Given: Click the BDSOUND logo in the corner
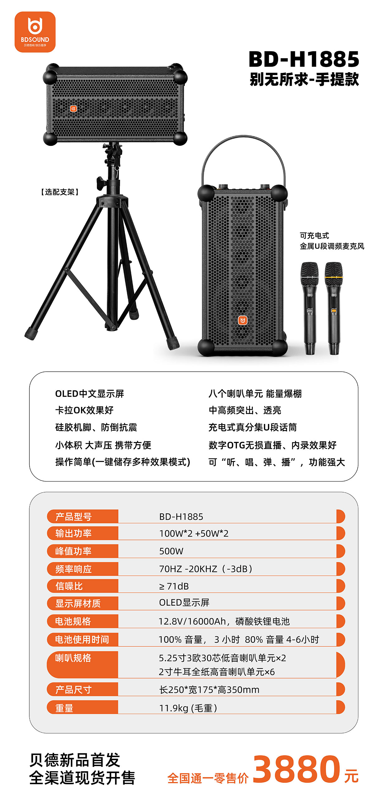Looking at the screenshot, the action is [x=35, y=32].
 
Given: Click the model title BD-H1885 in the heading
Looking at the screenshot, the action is [x=304, y=59].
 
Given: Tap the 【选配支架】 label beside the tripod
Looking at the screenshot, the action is [x=60, y=192].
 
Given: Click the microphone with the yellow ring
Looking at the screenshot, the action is [x=333, y=308].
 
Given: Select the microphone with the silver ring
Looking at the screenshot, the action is [x=309, y=308].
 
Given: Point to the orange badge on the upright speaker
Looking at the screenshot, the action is [x=243, y=320].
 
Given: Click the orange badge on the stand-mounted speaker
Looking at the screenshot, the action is [x=73, y=109].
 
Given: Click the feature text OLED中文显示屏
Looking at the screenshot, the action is [x=89, y=393].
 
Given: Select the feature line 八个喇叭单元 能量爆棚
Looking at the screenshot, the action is [x=255, y=393].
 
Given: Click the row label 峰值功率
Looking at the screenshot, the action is [x=73, y=551].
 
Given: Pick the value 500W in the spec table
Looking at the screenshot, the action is [x=171, y=551].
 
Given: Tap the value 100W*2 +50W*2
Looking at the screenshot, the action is [x=194, y=533].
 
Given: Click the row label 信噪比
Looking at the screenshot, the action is [x=69, y=586].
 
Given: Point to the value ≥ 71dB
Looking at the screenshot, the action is [x=174, y=586].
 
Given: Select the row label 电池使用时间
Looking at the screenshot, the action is [x=82, y=639].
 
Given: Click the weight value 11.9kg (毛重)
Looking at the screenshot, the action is [x=188, y=708].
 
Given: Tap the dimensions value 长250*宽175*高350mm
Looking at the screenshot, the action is [x=209, y=689].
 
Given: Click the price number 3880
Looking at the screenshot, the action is [x=296, y=769].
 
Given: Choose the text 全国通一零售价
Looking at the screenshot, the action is [x=208, y=778].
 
